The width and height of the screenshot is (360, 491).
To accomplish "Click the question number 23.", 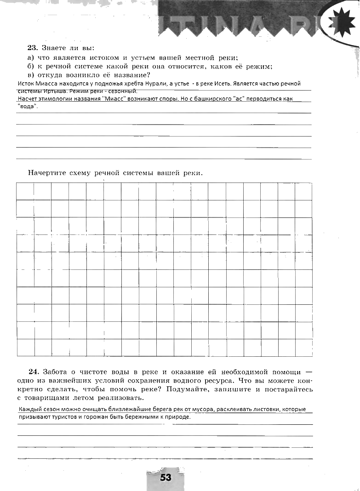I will tap(32, 47).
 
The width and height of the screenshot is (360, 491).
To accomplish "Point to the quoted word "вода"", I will tap(27, 106).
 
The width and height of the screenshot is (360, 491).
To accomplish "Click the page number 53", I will tap(166, 478).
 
